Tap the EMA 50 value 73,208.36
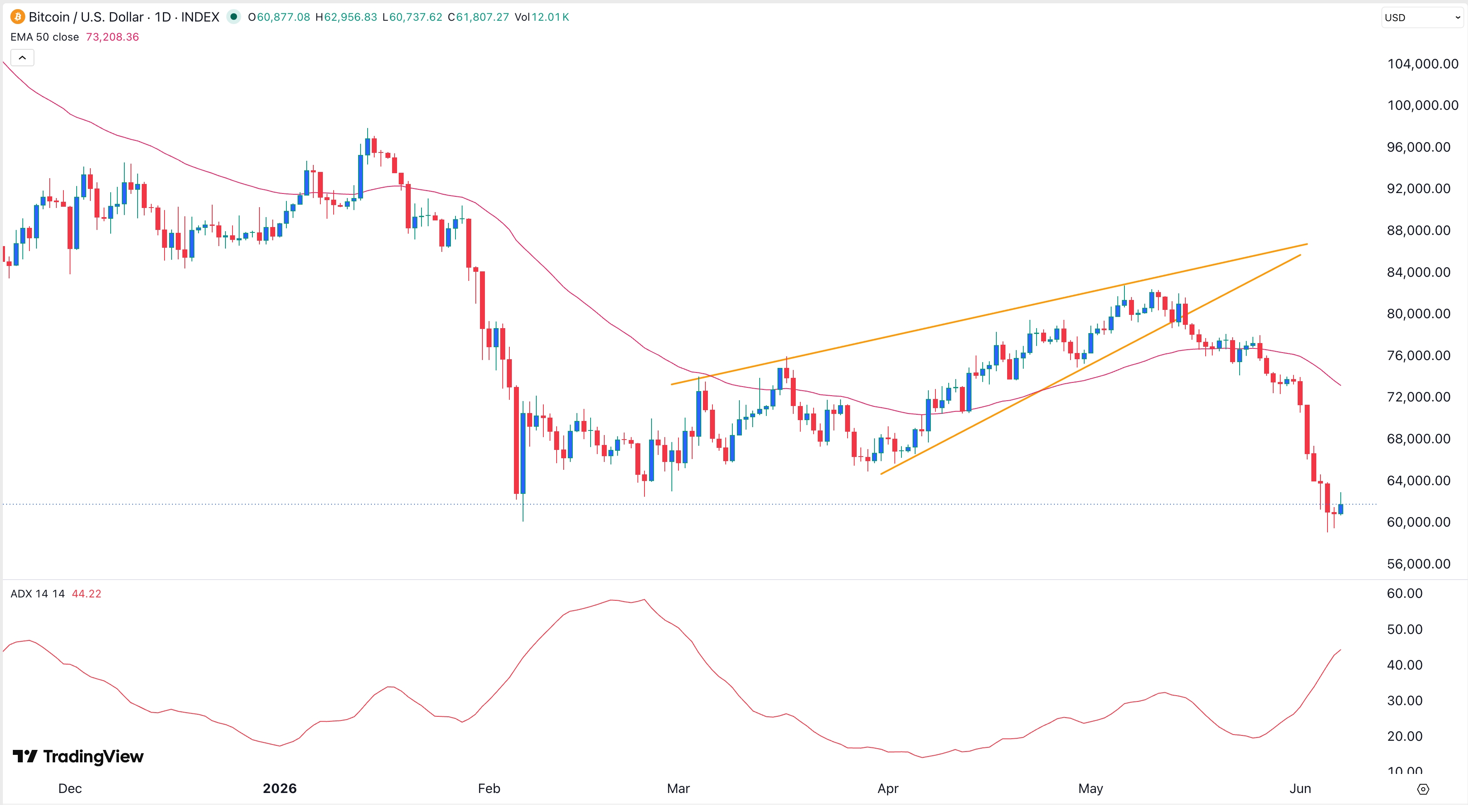point(112,37)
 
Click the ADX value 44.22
point(87,594)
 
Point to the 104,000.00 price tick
point(1422,64)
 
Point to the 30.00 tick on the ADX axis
point(1405,701)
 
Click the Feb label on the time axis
point(489,788)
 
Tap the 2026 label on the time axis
point(280,788)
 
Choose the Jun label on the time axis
point(1301,788)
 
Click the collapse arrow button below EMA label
point(22,58)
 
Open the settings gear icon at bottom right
point(1423,789)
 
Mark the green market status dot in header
point(234,17)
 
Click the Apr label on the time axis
point(888,788)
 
